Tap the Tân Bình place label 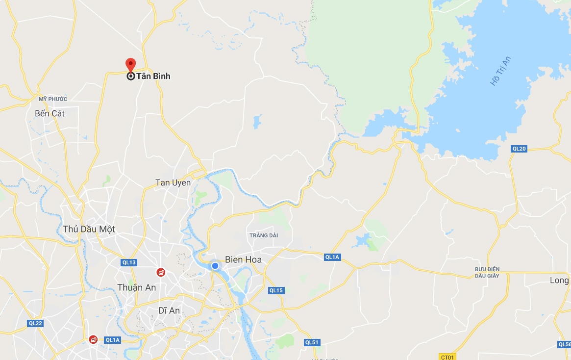point(153,77)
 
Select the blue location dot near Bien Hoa point(215,266)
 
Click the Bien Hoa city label point(243,259)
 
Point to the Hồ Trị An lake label point(501,72)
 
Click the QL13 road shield point(129,262)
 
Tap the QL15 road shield point(276,290)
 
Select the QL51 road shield point(312,342)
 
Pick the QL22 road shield point(35,323)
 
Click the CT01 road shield point(447,357)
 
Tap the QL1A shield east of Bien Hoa point(332,257)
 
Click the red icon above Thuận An point(160,272)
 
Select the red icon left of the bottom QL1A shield point(93,339)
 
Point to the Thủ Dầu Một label point(89,229)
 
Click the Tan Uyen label point(173,182)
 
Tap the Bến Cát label point(50,113)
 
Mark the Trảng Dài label point(264,235)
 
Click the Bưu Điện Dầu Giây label point(487,272)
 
